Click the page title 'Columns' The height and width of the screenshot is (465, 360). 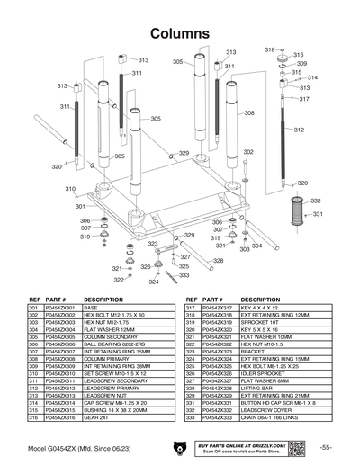pyautogui.click(x=180, y=33)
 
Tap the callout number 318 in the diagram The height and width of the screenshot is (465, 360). pyautogui.click(x=269, y=49)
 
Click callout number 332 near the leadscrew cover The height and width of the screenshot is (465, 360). pyautogui.click(x=317, y=201)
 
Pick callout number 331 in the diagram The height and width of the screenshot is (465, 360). pyautogui.click(x=317, y=215)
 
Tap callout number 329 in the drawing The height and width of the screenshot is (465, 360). pyautogui.click(x=184, y=154)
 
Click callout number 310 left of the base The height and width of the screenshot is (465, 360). pyautogui.click(x=69, y=189)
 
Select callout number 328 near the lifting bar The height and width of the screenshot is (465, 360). pyautogui.click(x=219, y=261)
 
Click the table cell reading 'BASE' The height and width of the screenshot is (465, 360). pyautogui.click(x=92, y=308)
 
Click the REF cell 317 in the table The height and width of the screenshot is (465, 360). pyautogui.click(x=191, y=308)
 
